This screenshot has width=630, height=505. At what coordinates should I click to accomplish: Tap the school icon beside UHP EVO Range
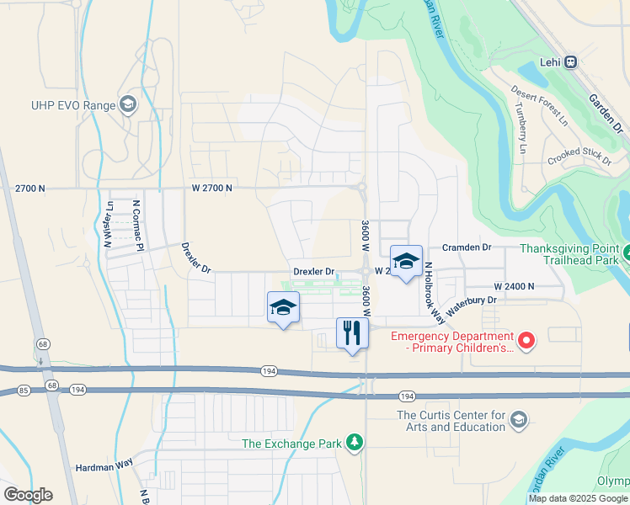(x=128, y=104)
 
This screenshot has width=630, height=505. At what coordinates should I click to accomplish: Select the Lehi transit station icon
(x=571, y=61)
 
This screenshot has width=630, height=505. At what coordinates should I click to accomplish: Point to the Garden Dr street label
(x=606, y=114)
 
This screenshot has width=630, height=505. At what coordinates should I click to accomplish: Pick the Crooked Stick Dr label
(x=579, y=157)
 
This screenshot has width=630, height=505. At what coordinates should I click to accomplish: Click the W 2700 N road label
(x=211, y=188)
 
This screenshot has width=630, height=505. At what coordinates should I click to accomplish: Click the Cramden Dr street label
(x=467, y=247)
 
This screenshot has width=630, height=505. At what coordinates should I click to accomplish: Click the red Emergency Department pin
(x=526, y=340)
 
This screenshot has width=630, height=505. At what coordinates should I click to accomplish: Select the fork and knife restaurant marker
(x=351, y=332)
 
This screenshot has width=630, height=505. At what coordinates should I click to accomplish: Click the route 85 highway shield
(x=23, y=390)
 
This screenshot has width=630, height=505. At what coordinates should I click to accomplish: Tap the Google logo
(x=28, y=495)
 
